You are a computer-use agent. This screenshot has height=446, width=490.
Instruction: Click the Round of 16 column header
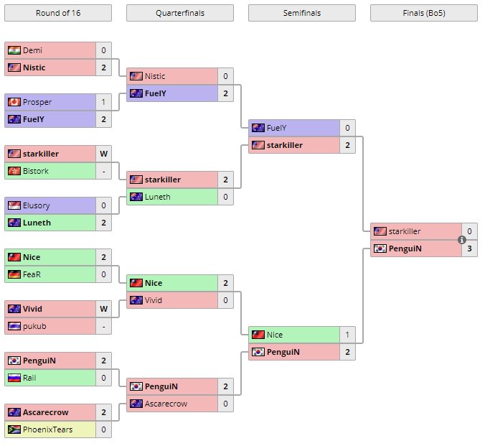pyautogui.click(x=57, y=13)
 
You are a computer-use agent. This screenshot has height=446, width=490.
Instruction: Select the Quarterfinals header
pyautogui.click(x=180, y=13)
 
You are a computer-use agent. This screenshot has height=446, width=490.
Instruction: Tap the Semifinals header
pyautogui.click(x=302, y=13)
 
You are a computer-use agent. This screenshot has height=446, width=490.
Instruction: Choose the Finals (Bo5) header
pyautogui.click(x=424, y=13)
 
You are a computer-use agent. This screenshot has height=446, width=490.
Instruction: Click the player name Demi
pyautogui.click(x=33, y=50)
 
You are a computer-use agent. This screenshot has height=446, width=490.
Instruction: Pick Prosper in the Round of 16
pyautogui.click(x=37, y=102)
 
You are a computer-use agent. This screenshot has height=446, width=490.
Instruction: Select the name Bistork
pyautogui.click(x=37, y=171)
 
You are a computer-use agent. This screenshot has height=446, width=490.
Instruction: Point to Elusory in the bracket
pyautogui.click(x=37, y=205)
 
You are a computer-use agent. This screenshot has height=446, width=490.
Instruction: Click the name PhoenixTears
pyautogui.click(x=47, y=429)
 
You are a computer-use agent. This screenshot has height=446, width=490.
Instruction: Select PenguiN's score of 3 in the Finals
pyautogui.click(x=469, y=248)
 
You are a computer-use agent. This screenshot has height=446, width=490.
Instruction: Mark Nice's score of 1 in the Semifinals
pyautogui.click(x=347, y=335)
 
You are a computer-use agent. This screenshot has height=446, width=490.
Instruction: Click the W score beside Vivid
pyautogui.click(x=103, y=309)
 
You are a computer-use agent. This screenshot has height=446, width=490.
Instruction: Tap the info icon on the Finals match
pyautogui.click(x=462, y=240)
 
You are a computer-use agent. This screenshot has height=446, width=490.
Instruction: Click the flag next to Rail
pyautogui.click(x=14, y=378)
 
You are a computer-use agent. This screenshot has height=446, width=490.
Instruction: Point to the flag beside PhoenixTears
pyautogui.click(x=14, y=429)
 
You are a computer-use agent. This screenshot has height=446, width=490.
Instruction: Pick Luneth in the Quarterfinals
pyautogui.click(x=158, y=197)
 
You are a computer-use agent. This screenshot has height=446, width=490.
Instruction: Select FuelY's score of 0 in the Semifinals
pyautogui.click(x=347, y=128)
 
